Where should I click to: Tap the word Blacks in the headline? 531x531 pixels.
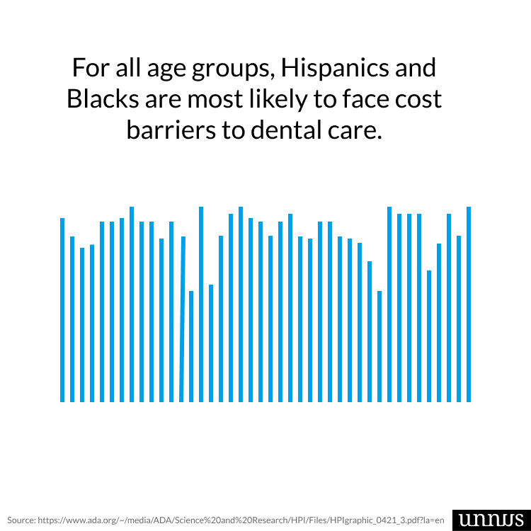tap(100, 99)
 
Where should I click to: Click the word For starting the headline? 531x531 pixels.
tap(90, 68)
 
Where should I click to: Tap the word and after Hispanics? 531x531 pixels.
tap(413, 68)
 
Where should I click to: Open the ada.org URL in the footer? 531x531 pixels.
tap(241, 519)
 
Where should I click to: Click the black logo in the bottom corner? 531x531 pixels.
tap(488, 518)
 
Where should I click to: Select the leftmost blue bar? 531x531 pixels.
tap(62, 310)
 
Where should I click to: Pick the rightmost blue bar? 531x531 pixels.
tap(469, 304)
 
